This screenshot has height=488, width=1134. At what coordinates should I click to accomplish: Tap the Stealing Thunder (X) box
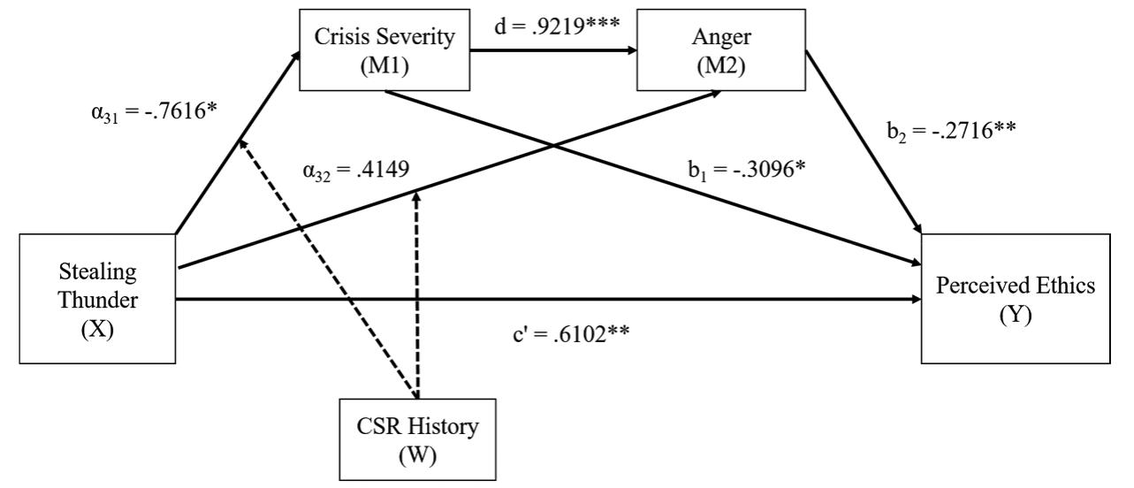[x=97, y=298]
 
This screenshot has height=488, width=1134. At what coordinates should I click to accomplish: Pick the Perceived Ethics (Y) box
[x=1016, y=298]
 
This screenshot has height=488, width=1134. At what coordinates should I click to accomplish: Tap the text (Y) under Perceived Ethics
[x=1016, y=314]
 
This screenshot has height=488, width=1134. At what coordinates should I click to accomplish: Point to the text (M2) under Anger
[x=721, y=67]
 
